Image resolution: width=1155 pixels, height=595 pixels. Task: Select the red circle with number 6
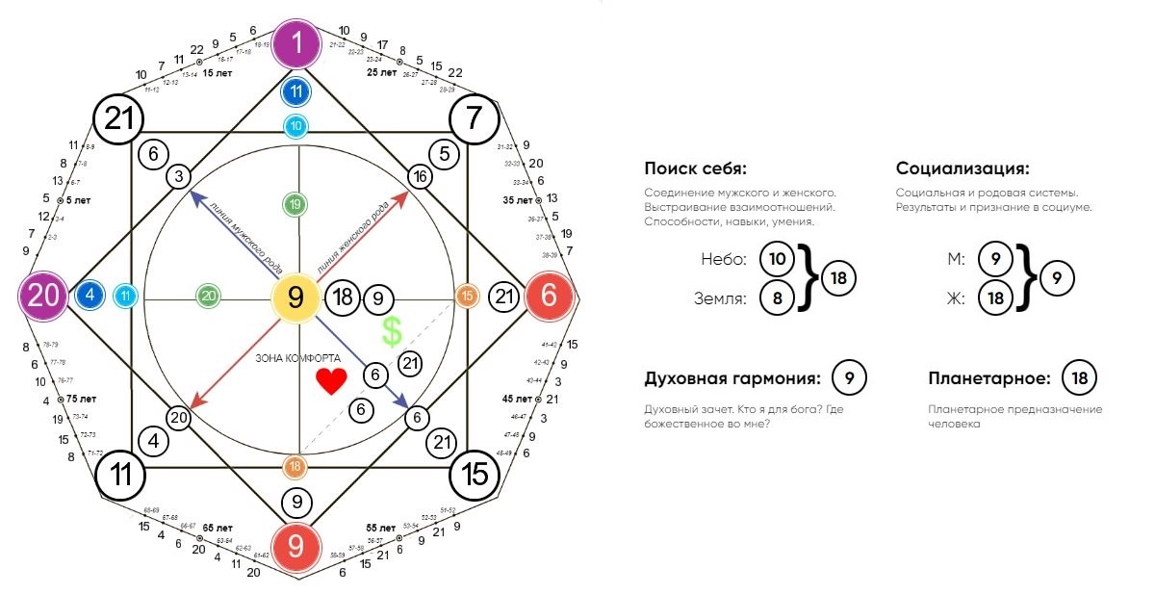point(549,297)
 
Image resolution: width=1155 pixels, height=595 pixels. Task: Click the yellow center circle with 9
point(297,297)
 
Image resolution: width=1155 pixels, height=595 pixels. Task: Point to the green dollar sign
point(391,332)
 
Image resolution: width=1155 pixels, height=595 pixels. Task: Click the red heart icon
point(330,382)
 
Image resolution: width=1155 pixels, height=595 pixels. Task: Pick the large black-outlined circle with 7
point(474,119)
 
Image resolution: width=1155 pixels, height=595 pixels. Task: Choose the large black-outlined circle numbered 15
point(475,473)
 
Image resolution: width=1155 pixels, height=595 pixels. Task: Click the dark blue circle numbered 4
point(90,296)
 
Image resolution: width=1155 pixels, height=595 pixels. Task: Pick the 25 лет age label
point(381,72)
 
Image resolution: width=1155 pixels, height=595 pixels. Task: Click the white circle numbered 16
point(420,176)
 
